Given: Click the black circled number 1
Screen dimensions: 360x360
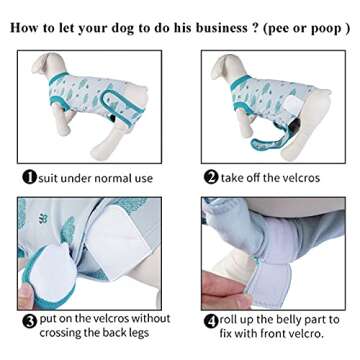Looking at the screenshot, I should [29, 177].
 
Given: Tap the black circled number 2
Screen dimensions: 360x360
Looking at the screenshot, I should [211, 177].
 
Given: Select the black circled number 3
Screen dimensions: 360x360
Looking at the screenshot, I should [29, 321].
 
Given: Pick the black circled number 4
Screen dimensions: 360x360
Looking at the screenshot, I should [211, 321].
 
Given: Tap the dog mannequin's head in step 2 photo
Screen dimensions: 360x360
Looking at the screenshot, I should [227, 67].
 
